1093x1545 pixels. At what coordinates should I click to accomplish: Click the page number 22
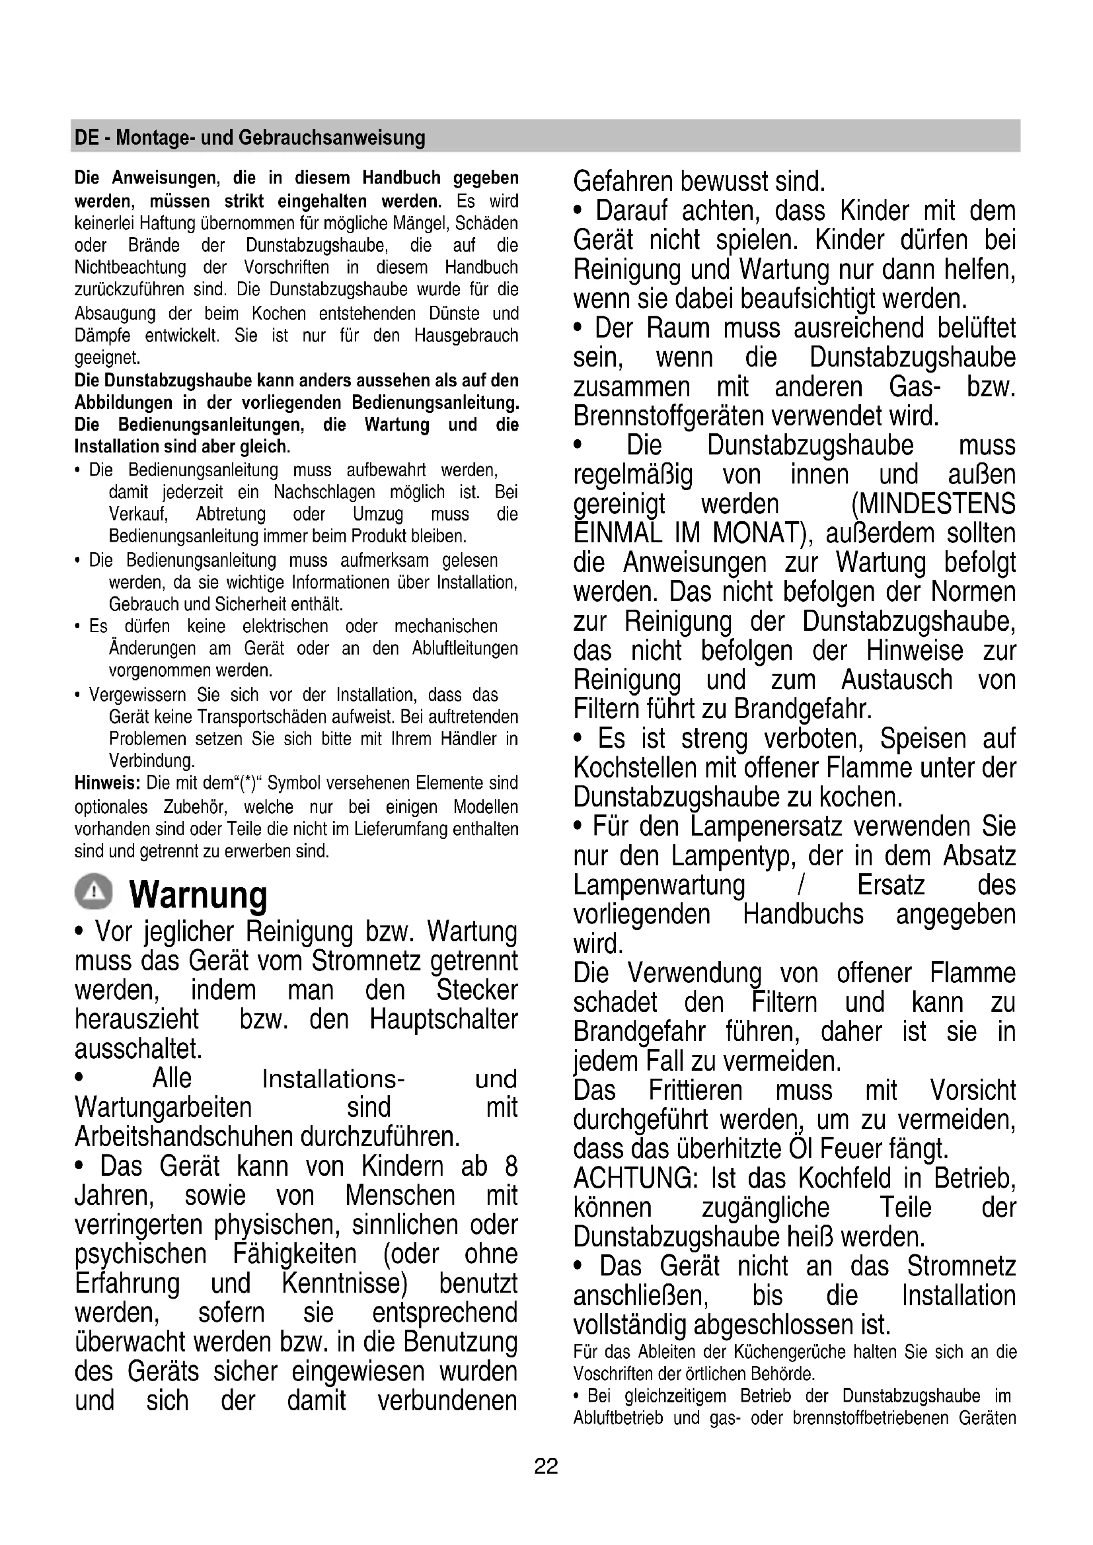click(546, 1466)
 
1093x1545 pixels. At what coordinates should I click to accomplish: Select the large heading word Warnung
click(198, 895)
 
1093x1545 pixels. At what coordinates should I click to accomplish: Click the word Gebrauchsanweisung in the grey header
click(332, 138)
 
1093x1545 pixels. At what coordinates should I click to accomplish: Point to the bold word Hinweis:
click(107, 783)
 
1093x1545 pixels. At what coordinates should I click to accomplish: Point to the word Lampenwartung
click(659, 886)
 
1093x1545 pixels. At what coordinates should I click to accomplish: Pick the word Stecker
click(477, 991)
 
